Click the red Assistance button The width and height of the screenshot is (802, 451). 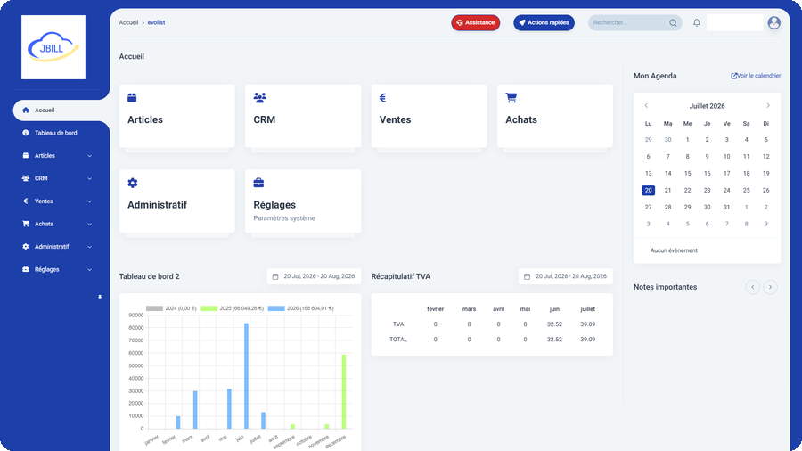pos(475,22)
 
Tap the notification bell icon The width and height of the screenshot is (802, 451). pos(696,22)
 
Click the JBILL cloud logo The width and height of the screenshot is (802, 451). pos(53,47)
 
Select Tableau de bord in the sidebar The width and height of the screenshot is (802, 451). pos(56,133)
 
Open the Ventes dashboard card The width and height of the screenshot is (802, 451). pos(429,116)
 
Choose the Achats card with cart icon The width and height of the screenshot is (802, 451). pos(555,116)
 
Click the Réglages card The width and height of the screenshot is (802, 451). pos(303,201)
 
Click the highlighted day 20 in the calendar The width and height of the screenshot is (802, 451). pos(648,190)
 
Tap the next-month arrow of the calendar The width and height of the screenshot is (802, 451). pos(768,106)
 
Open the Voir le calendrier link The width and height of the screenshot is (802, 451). pos(756,76)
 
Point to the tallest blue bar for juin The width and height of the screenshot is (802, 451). pos(246,376)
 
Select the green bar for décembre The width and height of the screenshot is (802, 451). pos(344,391)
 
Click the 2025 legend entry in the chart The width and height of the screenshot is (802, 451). pos(232,308)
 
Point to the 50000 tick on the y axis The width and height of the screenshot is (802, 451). pos(136,365)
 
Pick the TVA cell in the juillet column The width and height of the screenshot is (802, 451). pos(588,324)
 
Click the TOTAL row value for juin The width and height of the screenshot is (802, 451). pos(554,340)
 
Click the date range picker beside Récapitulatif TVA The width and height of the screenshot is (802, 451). pos(566,276)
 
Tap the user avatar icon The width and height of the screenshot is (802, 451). pos(773,22)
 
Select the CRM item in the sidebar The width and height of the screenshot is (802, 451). pos(41,178)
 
